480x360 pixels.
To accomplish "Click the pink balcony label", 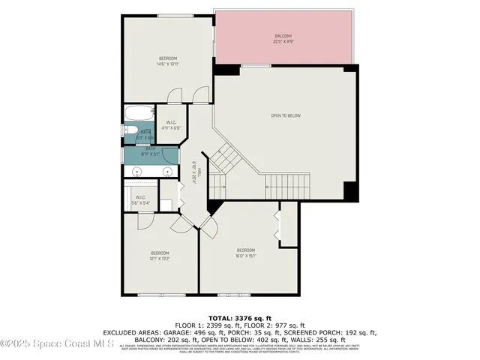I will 283,39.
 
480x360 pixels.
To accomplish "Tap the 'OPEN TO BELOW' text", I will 285,115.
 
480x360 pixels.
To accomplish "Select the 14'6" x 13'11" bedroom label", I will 168,61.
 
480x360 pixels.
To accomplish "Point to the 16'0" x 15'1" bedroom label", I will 247,253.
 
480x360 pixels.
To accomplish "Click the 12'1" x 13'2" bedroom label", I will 160,256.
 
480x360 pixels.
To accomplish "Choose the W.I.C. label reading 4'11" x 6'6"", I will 171,125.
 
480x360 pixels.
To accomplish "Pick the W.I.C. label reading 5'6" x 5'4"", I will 140,200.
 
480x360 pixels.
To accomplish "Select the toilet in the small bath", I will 129,133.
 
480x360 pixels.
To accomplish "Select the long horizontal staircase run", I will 286,183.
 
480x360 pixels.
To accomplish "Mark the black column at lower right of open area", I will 350,190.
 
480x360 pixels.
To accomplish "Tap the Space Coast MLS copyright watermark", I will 57,344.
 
